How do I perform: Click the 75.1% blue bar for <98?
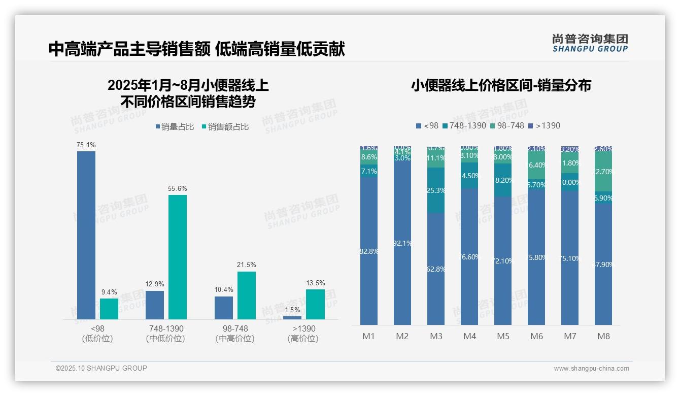coord(86,235)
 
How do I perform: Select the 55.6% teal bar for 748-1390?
coord(178,256)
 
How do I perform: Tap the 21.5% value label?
coord(246,265)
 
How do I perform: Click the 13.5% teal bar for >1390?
coord(315,304)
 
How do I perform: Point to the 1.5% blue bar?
coord(292,317)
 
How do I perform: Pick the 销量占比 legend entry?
coord(175,127)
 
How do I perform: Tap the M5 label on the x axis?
coord(503,336)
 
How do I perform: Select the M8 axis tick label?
coord(603,336)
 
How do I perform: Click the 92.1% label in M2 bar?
coord(402,243)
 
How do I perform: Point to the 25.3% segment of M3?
coord(436,190)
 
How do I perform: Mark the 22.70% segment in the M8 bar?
coord(603,172)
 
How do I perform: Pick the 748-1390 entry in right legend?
coord(464,125)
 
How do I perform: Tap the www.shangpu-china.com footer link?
coord(591,369)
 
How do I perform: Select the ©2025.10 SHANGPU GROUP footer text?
coord(101,368)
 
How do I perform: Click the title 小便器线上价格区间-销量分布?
coord(501,85)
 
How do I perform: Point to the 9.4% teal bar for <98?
coord(109,309)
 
